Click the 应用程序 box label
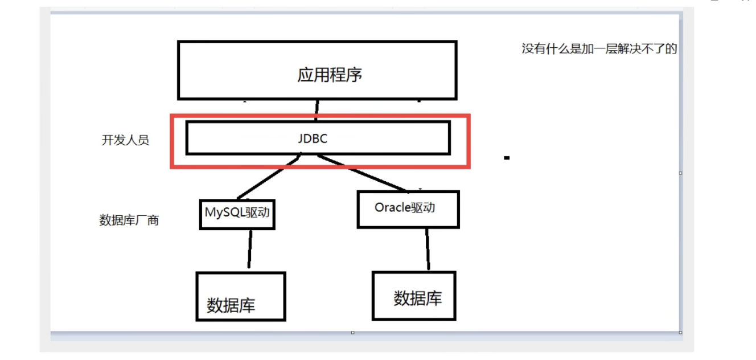tap(330, 75)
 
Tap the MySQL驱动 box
tap(237, 214)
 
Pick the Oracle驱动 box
tap(408, 209)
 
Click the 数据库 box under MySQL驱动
tap(240, 296)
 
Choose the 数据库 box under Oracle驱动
tap(414, 295)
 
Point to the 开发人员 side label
tap(125, 140)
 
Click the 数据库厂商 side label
tap(129, 220)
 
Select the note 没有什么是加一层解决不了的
tap(599, 49)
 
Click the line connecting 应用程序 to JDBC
tap(316, 108)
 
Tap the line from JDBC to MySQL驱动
tap(268, 178)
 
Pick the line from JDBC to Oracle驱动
tap(364, 174)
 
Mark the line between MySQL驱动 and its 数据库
tap(249, 249)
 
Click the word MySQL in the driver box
tap(224, 212)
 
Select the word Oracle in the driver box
tap(392, 208)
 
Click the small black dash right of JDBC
tap(506, 157)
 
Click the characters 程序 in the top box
tap(346, 75)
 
